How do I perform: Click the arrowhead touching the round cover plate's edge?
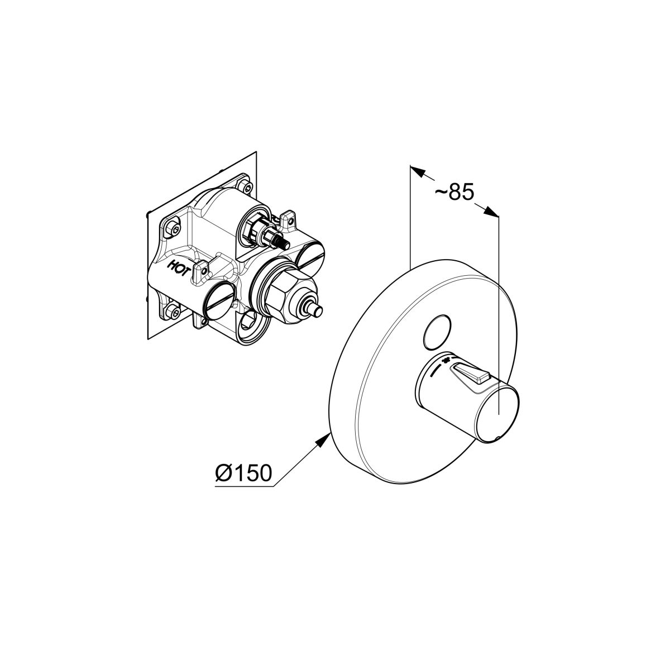coord(322,440)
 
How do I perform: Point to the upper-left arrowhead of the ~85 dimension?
coord(418,171)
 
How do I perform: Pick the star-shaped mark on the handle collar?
coord(444,360)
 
